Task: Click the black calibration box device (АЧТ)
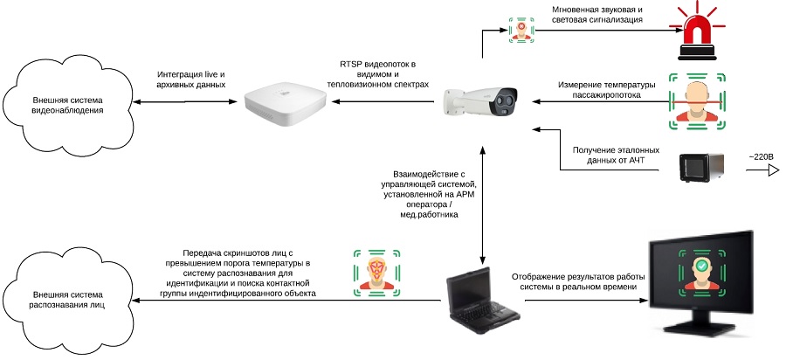click(703, 166)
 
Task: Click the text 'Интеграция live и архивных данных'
click(191, 80)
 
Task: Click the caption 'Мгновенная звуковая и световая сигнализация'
click(596, 15)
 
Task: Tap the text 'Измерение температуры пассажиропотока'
click(606, 89)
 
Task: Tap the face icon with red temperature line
click(696, 100)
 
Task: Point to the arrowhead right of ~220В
click(773, 172)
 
